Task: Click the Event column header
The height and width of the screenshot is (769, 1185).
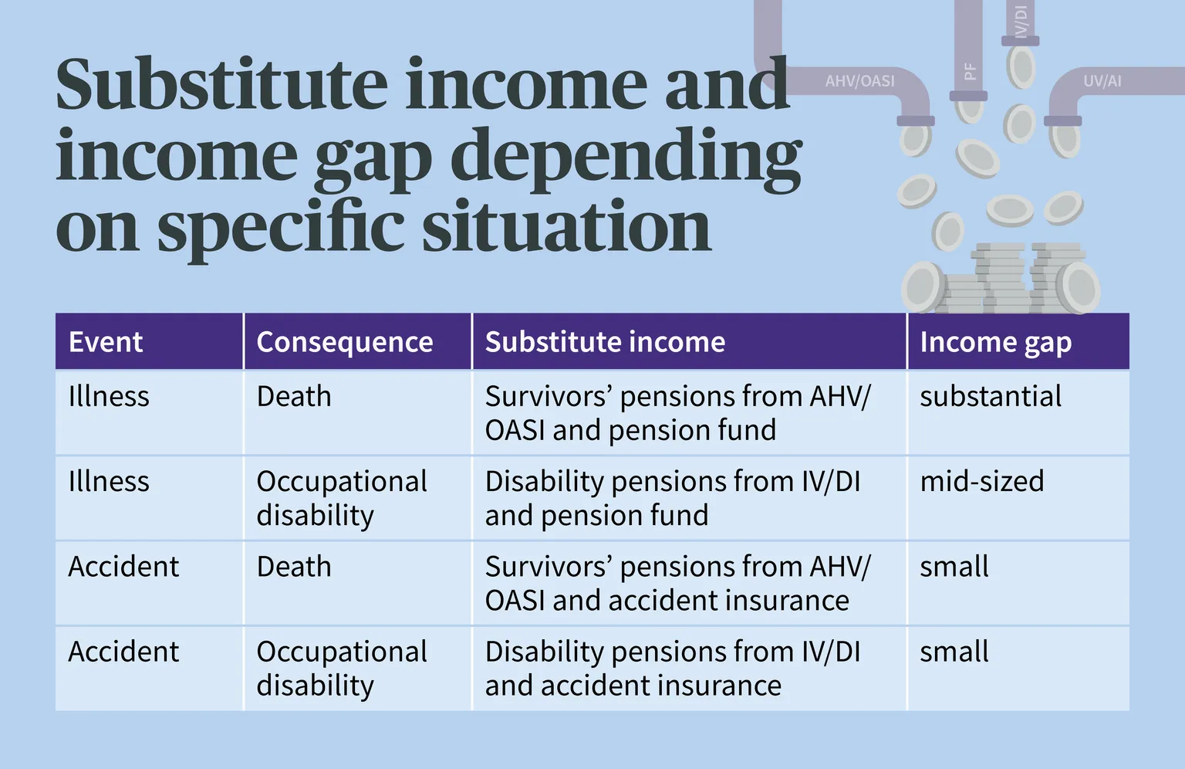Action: click(105, 341)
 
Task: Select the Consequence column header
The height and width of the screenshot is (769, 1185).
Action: click(345, 341)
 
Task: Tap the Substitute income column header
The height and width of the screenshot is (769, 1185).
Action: click(605, 341)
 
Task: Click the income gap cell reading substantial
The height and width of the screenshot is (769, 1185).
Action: click(991, 396)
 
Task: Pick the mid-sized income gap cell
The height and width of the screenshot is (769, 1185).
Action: click(982, 481)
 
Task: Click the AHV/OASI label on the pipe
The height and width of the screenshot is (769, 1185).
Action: click(859, 81)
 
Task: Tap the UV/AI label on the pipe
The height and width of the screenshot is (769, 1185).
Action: click(1102, 81)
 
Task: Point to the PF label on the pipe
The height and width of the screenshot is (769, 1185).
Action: click(969, 71)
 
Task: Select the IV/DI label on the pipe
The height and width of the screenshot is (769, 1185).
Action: click(1021, 22)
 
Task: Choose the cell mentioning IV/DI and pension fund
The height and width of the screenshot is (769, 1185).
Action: click(673, 498)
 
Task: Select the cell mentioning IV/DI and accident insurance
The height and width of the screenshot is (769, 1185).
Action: click(673, 668)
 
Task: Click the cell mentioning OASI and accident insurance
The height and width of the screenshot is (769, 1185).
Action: click(677, 583)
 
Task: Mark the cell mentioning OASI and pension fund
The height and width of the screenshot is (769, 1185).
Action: click(677, 412)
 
